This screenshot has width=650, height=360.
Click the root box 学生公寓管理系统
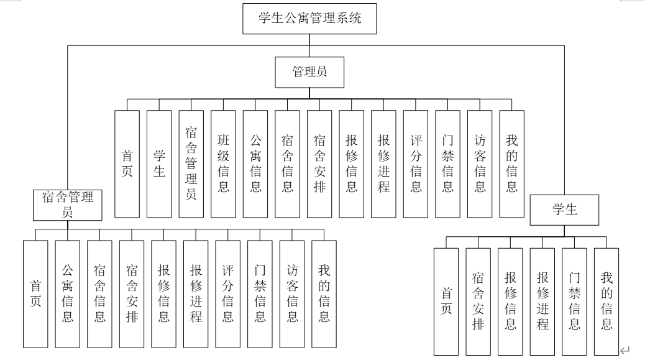[309, 19]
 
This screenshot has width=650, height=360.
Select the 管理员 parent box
[309, 73]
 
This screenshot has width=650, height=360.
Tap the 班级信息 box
[223, 164]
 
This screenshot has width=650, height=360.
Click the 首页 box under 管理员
[127, 164]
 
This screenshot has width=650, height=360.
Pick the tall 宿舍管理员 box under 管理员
[191, 164]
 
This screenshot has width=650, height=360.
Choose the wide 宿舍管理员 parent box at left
[67, 205]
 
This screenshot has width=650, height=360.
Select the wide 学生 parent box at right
[564, 210]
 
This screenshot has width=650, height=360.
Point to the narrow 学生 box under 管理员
[159, 164]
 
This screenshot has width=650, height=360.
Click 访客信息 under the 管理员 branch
[480, 164]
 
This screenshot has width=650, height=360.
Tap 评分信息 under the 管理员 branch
[416, 164]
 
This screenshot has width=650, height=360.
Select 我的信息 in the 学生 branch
[607, 301]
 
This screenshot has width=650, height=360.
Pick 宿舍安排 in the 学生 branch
[478, 301]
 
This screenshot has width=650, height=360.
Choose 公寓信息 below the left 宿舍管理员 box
[68, 293]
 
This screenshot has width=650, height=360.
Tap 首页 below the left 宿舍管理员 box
[35, 293]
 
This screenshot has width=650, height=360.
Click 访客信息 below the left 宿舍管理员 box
[292, 293]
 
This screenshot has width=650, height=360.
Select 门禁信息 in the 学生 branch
[575, 301]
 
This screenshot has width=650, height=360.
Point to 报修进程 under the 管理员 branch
[383, 164]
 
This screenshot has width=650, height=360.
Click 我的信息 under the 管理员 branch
[511, 164]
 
